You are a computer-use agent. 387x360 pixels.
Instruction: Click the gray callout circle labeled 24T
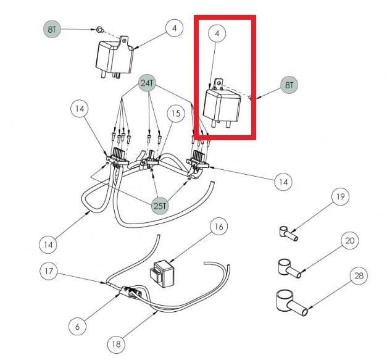pyautogui.click(x=148, y=83)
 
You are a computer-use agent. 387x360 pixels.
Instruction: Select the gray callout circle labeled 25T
pyautogui.click(x=160, y=206)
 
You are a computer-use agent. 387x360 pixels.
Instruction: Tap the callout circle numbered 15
pyautogui.click(x=176, y=114)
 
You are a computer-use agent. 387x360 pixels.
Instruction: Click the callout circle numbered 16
pyautogui.click(x=219, y=227)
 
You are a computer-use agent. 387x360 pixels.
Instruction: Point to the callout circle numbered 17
pyautogui.click(x=49, y=271)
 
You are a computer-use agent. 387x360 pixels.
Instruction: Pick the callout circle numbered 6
pyautogui.click(x=78, y=327)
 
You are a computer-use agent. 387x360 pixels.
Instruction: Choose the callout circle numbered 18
pyautogui.click(x=116, y=344)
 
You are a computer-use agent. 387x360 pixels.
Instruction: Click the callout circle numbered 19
pyautogui.click(x=340, y=197)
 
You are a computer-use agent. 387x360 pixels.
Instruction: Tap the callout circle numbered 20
pyautogui.click(x=350, y=241)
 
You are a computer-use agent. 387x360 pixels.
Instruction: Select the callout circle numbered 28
pyautogui.click(x=359, y=276)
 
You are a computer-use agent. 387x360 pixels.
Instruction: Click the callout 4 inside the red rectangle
pyautogui.click(x=217, y=33)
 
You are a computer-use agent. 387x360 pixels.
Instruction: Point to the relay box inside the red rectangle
pyautogui.click(x=222, y=103)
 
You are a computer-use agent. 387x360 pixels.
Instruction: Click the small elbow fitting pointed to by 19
pyautogui.click(x=288, y=233)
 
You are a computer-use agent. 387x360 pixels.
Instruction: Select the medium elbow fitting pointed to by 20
pyautogui.click(x=289, y=269)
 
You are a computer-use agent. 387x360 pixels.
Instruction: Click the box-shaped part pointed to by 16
pyautogui.click(x=162, y=274)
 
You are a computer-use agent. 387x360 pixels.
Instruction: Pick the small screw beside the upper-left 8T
pyautogui.click(x=100, y=30)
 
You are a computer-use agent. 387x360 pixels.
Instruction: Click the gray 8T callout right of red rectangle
pyautogui.click(x=289, y=85)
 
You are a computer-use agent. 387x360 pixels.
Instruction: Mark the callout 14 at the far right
pyautogui.click(x=283, y=182)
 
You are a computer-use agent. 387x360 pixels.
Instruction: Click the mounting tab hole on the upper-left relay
pyautogui.click(x=125, y=40)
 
